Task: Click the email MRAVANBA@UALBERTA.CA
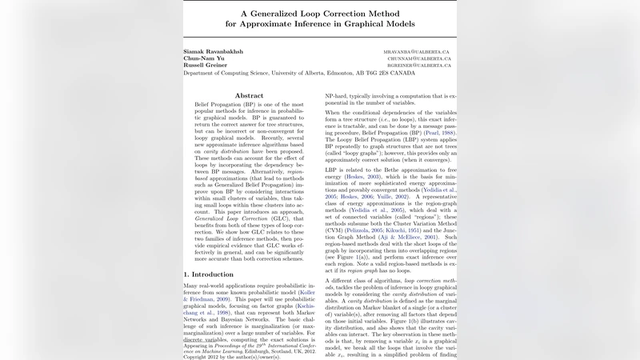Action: [x=418, y=51]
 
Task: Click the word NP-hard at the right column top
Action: [x=338, y=94]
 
